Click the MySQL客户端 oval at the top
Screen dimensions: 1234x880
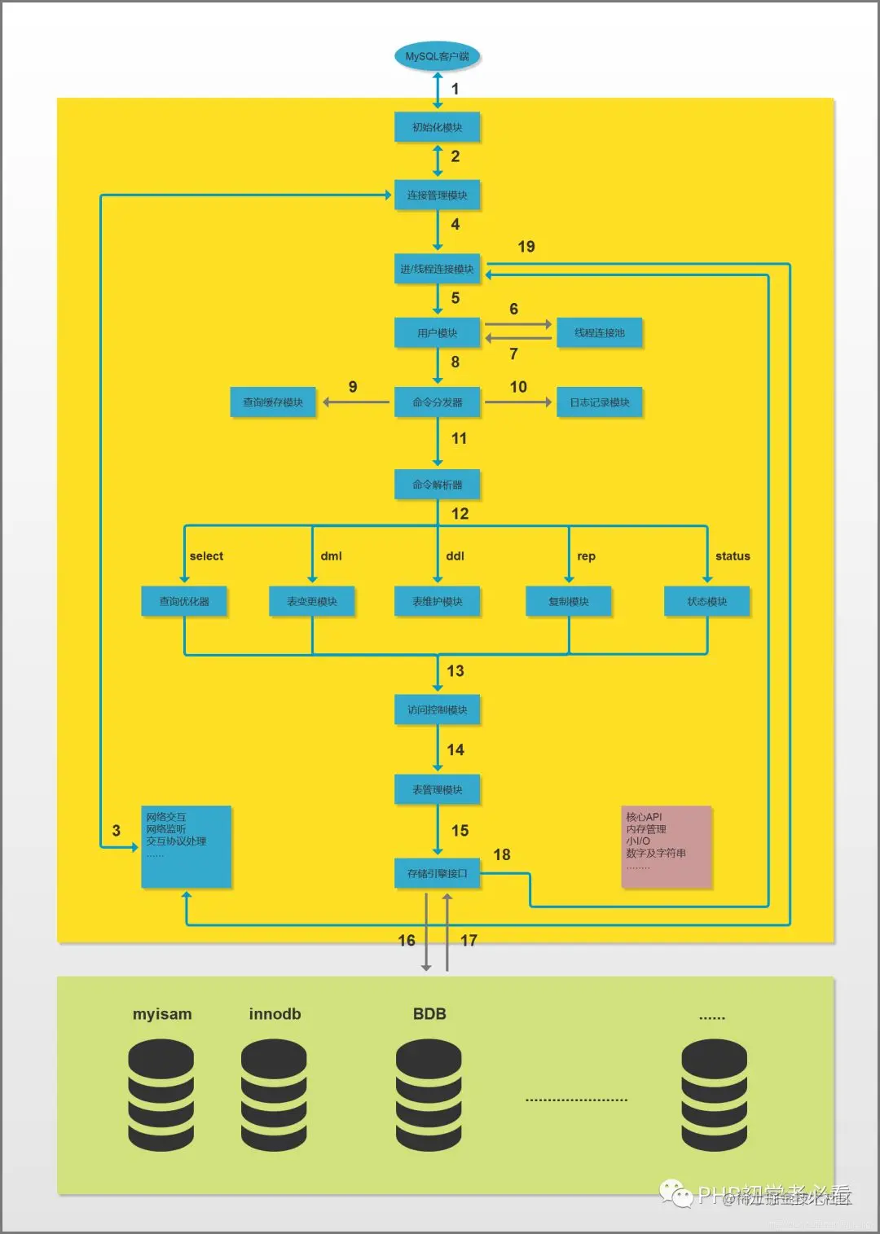click(437, 56)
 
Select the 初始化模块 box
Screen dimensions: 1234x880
click(437, 127)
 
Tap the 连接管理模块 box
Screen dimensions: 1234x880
click(437, 195)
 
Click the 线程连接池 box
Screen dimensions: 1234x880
click(599, 333)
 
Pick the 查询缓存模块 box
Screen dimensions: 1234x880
click(273, 402)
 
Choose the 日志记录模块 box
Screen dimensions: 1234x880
click(599, 402)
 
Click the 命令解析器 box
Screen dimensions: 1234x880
click(437, 485)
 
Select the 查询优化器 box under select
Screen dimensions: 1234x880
click(184, 601)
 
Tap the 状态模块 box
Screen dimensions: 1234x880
click(706, 601)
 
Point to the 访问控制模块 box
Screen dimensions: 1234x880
click(437, 709)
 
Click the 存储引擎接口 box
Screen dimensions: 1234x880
click(437, 873)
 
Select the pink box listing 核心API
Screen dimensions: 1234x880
click(667, 846)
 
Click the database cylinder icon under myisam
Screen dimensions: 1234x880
click(161, 1096)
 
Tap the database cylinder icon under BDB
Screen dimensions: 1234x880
click(429, 1096)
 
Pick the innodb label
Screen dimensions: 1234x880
click(275, 1014)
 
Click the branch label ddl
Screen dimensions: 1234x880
click(455, 556)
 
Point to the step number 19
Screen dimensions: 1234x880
click(526, 247)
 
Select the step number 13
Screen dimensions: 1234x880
click(455, 671)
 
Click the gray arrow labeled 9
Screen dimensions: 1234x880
click(356, 402)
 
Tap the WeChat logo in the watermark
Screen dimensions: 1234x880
click(675, 1193)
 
